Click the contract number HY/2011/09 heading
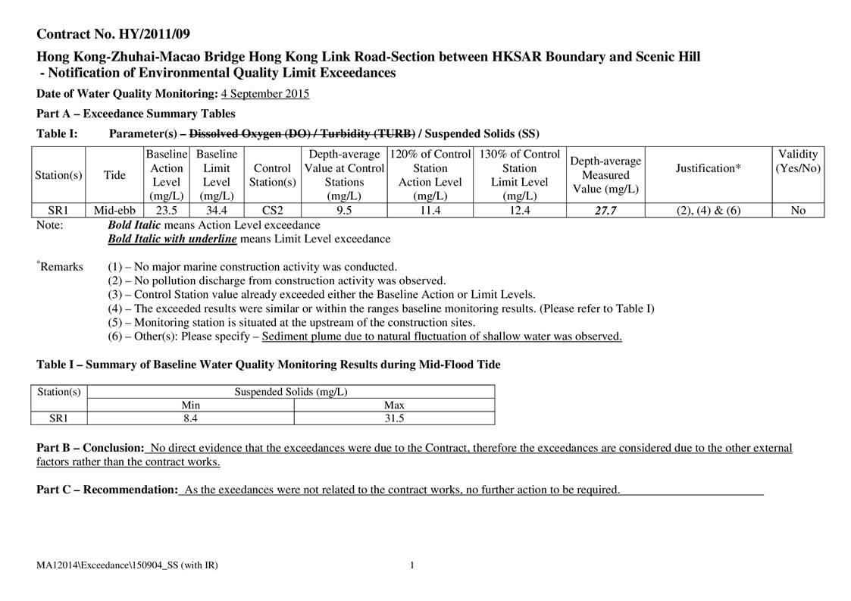(x=114, y=34)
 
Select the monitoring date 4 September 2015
(x=264, y=94)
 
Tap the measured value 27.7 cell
(x=605, y=211)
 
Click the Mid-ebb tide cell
(x=114, y=211)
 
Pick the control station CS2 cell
(x=273, y=211)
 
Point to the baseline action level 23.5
(x=166, y=211)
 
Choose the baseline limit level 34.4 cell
(x=217, y=211)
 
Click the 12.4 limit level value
(x=519, y=211)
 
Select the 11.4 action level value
(x=430, y=211)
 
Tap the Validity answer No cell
(x=797, y=211)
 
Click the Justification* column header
(x=708, y=168)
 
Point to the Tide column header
(x=114, y=175)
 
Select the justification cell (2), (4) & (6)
(x=708, y=211)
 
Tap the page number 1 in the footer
(x=411, y=565)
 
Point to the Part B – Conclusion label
(x=90, y=448)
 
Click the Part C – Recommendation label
(x=107, y=490)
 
